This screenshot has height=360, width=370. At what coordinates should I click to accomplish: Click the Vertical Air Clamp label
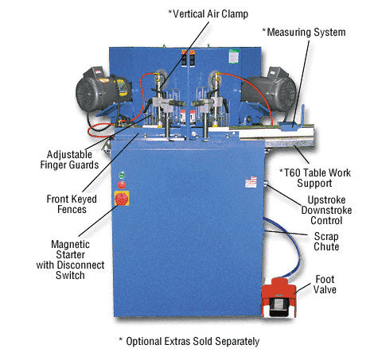tap(208, 14)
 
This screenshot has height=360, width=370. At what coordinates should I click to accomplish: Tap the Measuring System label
tap(304, 33)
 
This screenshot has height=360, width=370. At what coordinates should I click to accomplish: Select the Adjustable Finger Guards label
tap(69, 160)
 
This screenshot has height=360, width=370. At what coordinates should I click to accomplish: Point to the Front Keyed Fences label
tap(72, 204)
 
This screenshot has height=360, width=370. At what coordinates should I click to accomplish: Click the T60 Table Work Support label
tap(315, 178)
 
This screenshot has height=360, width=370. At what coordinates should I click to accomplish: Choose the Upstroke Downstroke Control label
tap(326, 211)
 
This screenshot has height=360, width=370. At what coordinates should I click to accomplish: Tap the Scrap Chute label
tap(326, 242)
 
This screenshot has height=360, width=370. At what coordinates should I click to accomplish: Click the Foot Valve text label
tap(325, 285)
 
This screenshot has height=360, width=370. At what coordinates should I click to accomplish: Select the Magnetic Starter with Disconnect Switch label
tap(70, 260)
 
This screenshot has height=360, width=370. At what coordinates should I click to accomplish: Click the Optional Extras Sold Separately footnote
tap(189, 341)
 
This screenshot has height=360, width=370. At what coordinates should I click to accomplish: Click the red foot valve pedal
tap(278, 297)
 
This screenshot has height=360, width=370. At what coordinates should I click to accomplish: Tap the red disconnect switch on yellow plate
tap(122, 199)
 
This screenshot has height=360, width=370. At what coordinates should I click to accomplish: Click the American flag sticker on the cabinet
tap(251, 182)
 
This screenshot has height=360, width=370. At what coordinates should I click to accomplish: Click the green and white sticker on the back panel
tap(234, 56)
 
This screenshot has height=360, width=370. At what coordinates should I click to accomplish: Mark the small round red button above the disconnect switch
tap(122, 185)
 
